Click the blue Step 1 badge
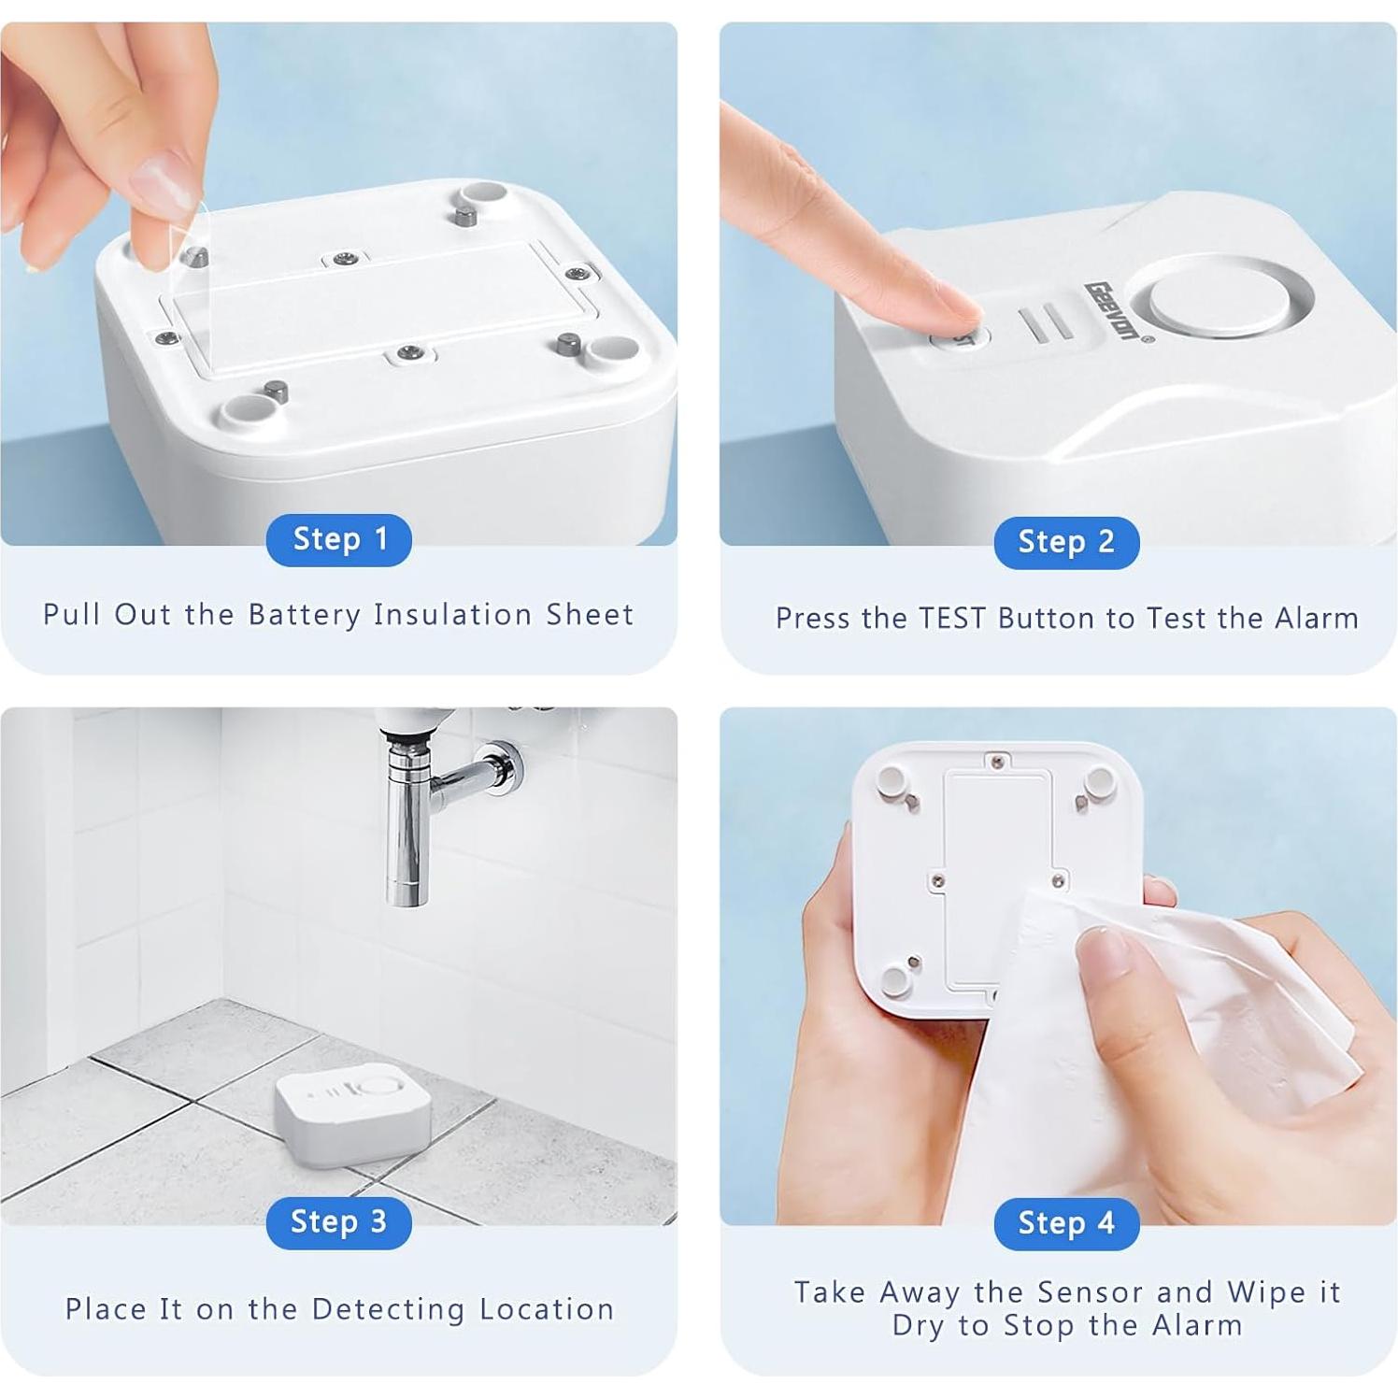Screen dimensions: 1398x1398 click(x=338, y=539)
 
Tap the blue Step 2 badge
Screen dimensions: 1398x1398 click(x=1065, y=542)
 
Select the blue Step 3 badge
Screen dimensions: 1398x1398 click(x=338, y=1222)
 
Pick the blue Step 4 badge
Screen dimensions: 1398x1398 click(x=1065, y=1223)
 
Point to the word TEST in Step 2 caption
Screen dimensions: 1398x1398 click(x=951, y=619)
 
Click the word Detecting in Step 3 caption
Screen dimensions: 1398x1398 click(x=388, y=1309)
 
